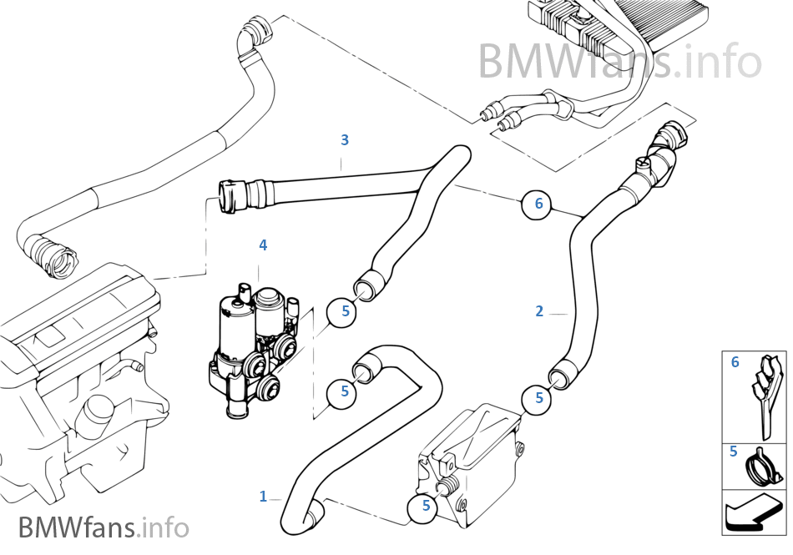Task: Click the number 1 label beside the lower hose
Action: (x=263, y=497)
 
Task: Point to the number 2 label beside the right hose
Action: (x=539, y=311)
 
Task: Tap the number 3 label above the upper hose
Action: (x=344, y=139)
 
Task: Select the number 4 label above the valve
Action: (x=263, y=245)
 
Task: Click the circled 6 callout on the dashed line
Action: (x=538, y=203)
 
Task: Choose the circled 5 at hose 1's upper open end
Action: (x=343, y=391)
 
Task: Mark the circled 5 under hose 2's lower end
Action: (x=538, y=398)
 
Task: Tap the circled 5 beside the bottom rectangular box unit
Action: (x=426, y=505)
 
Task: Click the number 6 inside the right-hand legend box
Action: (x=735, y=362)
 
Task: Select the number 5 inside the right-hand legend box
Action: (x=733, y=452)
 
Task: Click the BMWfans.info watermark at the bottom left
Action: (x=104, y=527)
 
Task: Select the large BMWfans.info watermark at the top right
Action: (x=619, y=60)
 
